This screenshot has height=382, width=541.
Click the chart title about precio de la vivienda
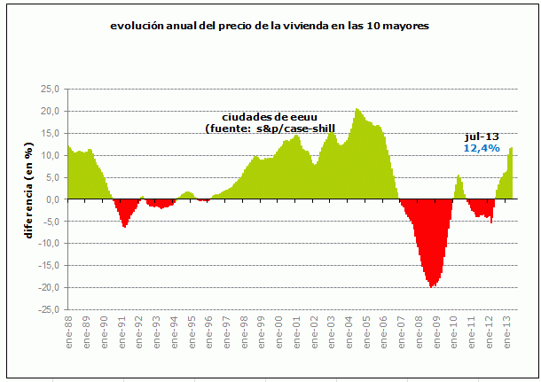pos(269,27)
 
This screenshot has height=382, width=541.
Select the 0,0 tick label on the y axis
pos(51,199)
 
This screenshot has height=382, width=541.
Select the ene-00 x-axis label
pos(278,331)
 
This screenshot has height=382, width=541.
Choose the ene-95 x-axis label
pos(191,331)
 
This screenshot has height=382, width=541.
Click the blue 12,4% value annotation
pos(480,147)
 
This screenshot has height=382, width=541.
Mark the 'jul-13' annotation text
pos(479,136)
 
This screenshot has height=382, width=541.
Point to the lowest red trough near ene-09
pos(432,286)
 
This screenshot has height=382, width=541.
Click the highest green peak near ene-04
pos(357,109)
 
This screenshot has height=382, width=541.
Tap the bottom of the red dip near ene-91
pos(124,227)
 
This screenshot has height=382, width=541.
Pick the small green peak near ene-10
pos(459,175)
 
